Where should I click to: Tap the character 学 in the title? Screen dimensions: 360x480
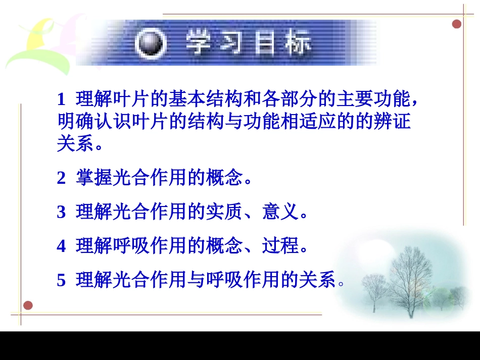(x=200, y=43)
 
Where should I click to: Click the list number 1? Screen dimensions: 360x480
(x=62, y=99)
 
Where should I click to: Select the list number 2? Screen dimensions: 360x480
(x=62, y=178)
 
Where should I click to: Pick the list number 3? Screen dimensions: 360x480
(x=62, y=212)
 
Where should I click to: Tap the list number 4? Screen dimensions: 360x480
(x=62, y=246)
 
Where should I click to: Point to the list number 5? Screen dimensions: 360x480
(x=62, y=280)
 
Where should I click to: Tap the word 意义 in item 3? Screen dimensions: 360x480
(x=280, y=212)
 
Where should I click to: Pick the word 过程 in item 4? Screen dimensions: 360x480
(x=280, y=246)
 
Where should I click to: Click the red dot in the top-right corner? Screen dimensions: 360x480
(x=457, y=24)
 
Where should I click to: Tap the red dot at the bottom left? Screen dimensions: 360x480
(x=28, y=305)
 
